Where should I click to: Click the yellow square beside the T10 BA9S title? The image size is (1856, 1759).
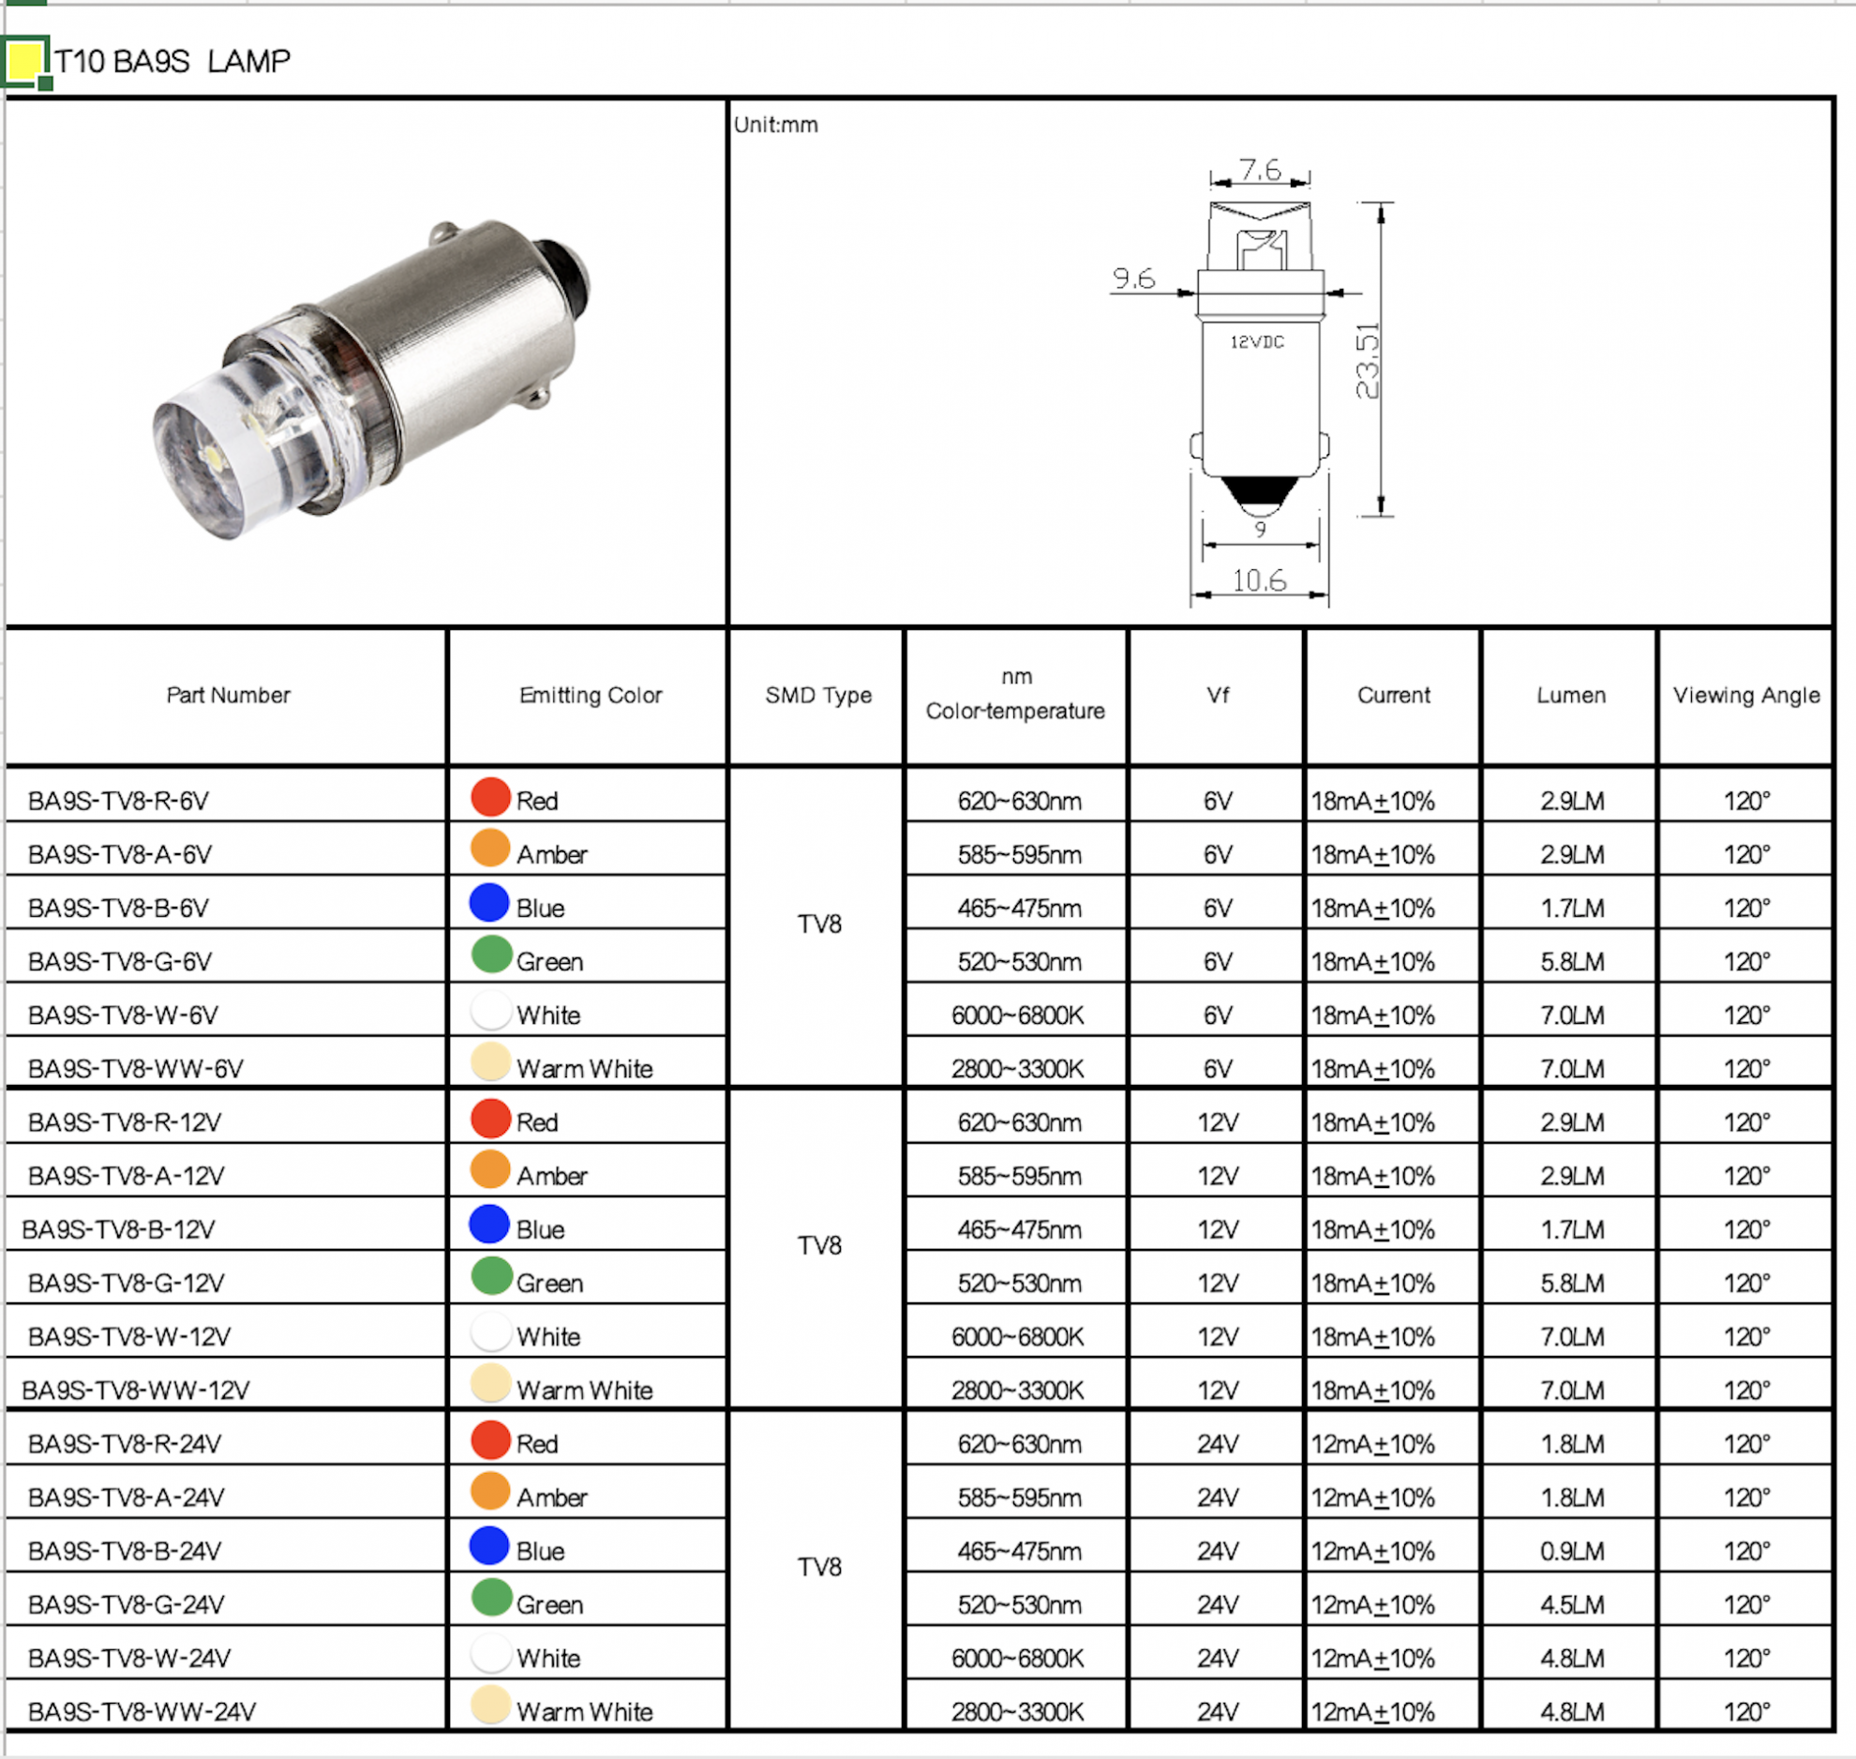[x=24, y=61]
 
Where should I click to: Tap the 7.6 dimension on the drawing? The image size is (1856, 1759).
[x=1259, y=170]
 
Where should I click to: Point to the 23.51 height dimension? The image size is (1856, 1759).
[x=1368, y=360]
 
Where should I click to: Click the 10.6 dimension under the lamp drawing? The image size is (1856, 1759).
[x=1258, y=580]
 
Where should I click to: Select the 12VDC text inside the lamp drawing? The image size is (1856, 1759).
[x=1256, y=342]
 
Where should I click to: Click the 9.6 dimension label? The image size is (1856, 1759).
[x=1133, y=278]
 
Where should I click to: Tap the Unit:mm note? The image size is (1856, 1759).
[x=775, y=125]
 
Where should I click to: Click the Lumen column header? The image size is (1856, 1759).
[x=1570, y=695]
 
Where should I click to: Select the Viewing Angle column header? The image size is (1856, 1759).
[x=1745, y=695]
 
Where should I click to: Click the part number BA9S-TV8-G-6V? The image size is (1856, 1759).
[x=120, y=961]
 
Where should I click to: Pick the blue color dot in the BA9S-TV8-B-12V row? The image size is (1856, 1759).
[x=489, y=1224]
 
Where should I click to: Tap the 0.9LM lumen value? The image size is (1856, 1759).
[x=1572, y=1551]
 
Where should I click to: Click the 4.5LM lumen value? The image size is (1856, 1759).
[x=1572, y=1604]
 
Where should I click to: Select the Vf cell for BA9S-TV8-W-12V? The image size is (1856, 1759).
[x=1217, y=1336]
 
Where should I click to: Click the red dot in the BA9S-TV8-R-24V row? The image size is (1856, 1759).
[x=489, y=1439]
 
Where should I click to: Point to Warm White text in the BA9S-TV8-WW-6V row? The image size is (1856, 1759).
[x=584, y=1069]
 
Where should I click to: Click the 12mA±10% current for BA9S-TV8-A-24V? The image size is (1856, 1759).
[x=1371, y=1497]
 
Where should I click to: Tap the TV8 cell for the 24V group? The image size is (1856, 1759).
[x=818, y=1567]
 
